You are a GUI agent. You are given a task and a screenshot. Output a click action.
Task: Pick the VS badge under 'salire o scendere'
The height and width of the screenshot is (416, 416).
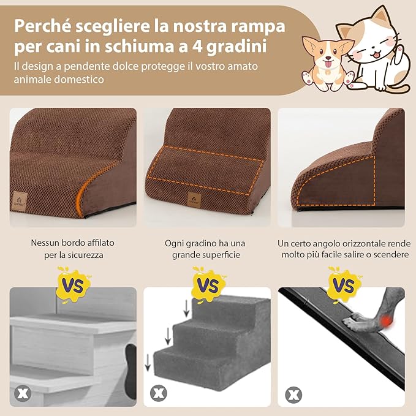343,284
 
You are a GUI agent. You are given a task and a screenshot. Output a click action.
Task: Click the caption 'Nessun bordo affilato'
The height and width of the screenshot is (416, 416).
72,243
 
